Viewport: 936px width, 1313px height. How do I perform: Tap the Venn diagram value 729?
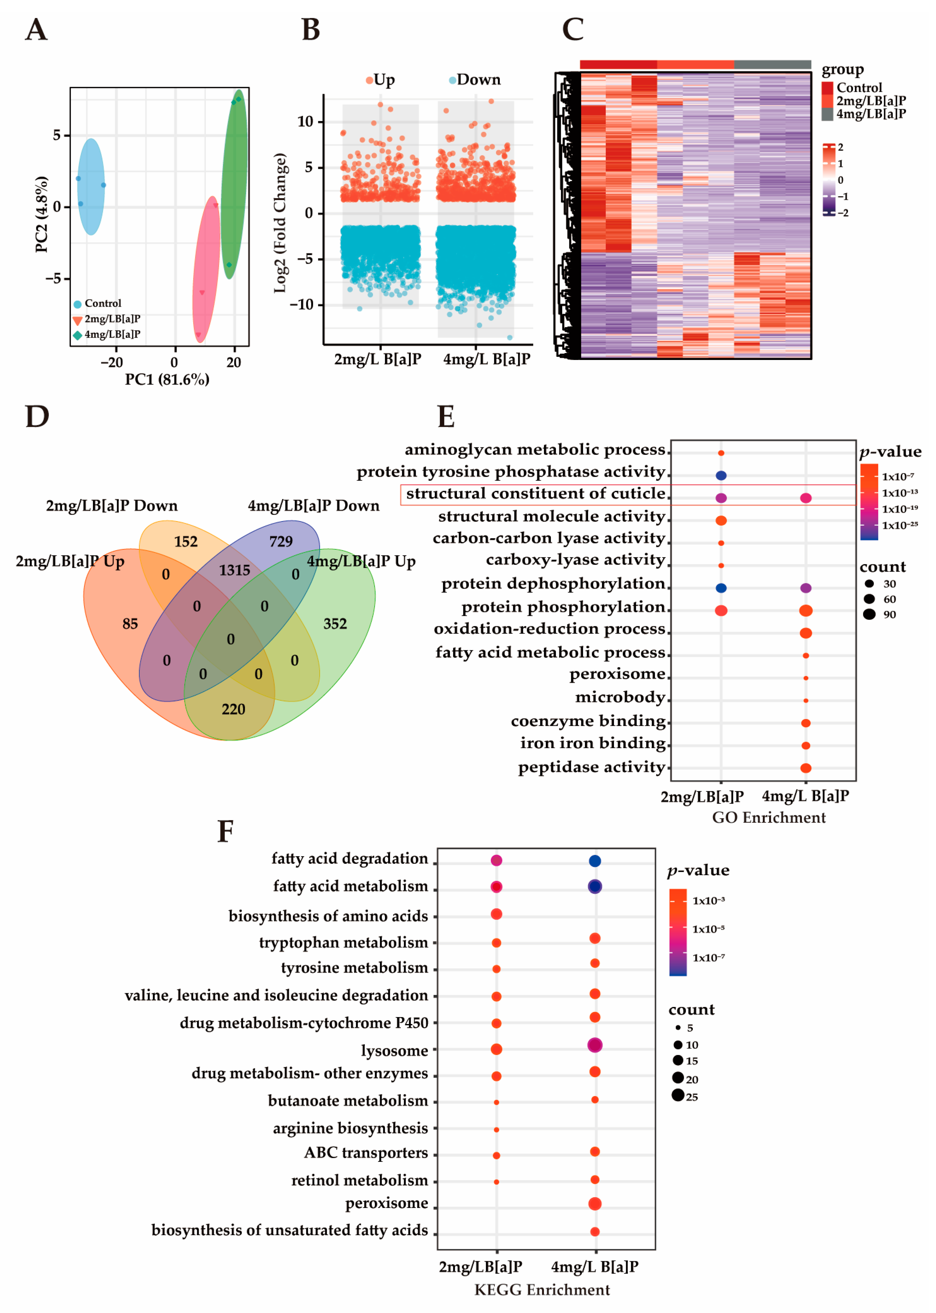coord(281,541)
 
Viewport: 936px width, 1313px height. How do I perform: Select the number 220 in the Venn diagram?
coord(233,709)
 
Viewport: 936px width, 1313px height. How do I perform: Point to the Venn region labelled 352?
coord(335,624)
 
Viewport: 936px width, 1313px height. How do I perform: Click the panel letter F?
coord(225,832)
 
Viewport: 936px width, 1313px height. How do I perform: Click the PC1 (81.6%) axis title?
coord(167,379)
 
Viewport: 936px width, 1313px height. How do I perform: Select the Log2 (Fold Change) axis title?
coord(280,223)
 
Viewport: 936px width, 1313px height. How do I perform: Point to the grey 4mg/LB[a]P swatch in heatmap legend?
coord(827,114)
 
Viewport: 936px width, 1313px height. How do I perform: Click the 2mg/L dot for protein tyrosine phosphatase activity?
coord(720,475)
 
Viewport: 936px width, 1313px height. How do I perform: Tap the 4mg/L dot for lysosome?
coord(595,1045)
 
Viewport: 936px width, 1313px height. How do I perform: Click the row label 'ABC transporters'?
coord(366,1153)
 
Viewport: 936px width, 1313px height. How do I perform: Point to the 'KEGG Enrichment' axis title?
coord(542,1290)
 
